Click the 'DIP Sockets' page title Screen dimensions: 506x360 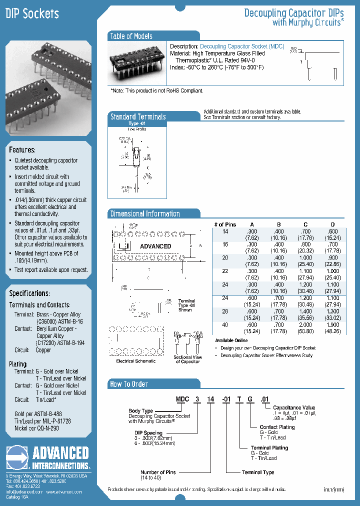click(x=32, y=14)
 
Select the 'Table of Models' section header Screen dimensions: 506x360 click(x=131, y=36)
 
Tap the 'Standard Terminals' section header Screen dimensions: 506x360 click(x=137, y=116)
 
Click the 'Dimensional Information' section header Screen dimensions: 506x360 click(x=145, y=213)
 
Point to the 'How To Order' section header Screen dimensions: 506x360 click(x=129, y=384)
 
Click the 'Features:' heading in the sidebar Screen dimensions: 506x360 click(x=22, y=150)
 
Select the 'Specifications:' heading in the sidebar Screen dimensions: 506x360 click(x=29, y=293)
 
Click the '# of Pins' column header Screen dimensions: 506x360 click(x=225, y=224)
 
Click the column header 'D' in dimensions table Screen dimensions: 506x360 click(x=332, y=224)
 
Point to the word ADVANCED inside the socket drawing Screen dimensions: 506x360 click(x=155, y=246)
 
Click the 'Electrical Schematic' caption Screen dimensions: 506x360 click(x=135, y=361)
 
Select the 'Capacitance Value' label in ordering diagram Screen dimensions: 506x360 click(x=294, y=407)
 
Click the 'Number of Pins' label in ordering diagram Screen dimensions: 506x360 click(x=156, y=472)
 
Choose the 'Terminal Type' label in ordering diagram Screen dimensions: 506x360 click(x=258, y=472)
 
